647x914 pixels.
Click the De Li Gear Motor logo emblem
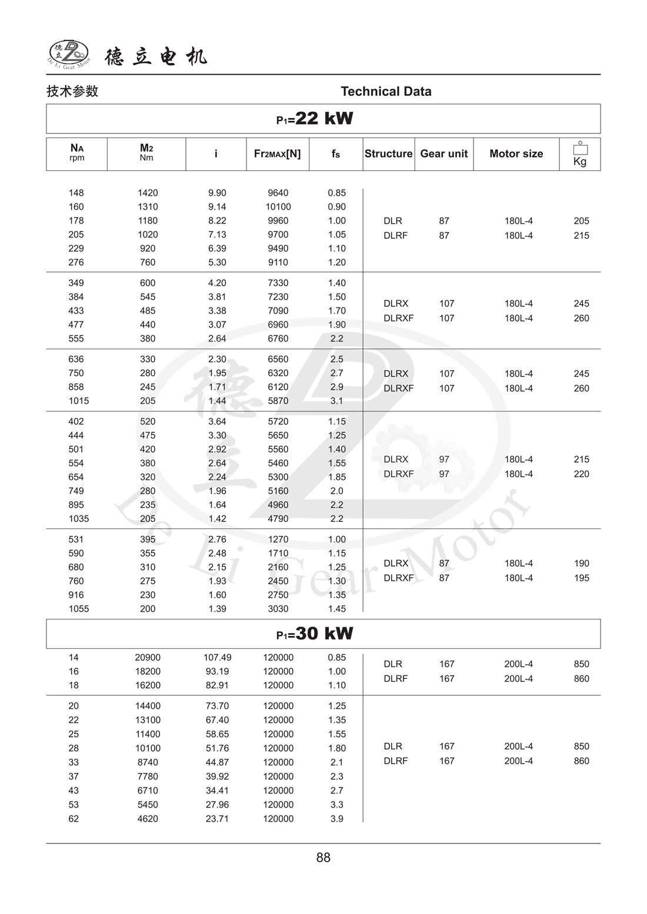(x=69, y=55)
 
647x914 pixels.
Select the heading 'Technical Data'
(x=386, y=91)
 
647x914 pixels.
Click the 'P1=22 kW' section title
(x=315, y=119)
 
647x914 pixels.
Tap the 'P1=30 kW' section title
(x=315, y=634)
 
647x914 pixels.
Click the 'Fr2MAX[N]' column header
(x=277, y=154)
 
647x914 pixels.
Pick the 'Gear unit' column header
(x=443, y=154)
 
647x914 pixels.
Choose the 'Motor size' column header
(x=516, y=154)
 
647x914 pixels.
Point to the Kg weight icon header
(x=580, y=154)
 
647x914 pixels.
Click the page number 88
(x=323, y=858)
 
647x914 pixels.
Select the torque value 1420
(x=148, y=193)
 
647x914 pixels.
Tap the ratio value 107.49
(x=217, y=658)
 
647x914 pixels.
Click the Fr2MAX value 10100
(x=278, y=207)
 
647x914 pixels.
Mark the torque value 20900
(x=148, y=658)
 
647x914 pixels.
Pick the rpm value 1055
(x=78, y=609)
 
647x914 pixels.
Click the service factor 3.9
(x=336, y=819)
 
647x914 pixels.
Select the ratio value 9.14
(x=217, y=207)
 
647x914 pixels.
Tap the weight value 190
(x=581, y=563)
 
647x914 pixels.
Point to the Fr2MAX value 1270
(x=278, y=540)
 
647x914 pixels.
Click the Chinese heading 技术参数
(x=72, y=91)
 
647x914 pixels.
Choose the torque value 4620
(x=148, y=819)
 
